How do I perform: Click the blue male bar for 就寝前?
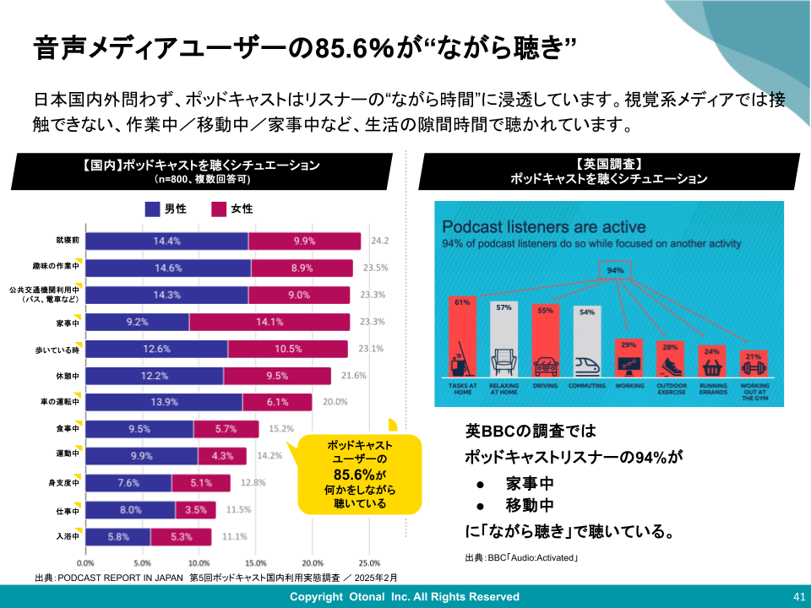point(167,242)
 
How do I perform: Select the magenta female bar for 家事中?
point(269,322)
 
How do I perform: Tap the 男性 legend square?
point(152,209)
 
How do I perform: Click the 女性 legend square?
point(219,209)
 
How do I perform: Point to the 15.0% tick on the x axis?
point(255,562)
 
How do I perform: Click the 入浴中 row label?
point(67,536)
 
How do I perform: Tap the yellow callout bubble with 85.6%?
point(359,473)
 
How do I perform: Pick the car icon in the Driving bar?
point(545,366)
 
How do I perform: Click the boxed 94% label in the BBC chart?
point(615,270)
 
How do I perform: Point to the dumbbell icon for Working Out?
point(754,369)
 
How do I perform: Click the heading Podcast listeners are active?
point(544,227)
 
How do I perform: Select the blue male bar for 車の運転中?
point(164,402)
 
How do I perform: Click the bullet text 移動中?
point(529,506)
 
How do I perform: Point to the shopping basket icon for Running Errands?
point(712,368)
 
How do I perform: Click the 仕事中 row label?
point(67,510)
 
